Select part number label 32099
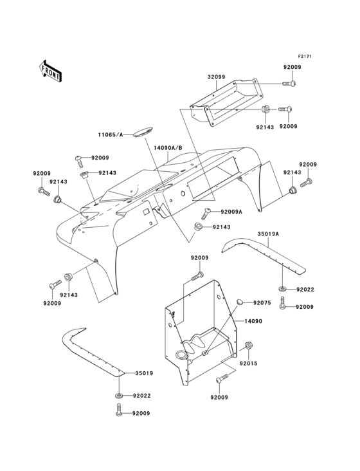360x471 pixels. point(216,77)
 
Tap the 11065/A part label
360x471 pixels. point(111,135)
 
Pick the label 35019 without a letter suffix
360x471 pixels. point(143,373)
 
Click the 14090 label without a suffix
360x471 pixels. point(253,320)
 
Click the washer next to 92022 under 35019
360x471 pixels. point(120,394)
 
